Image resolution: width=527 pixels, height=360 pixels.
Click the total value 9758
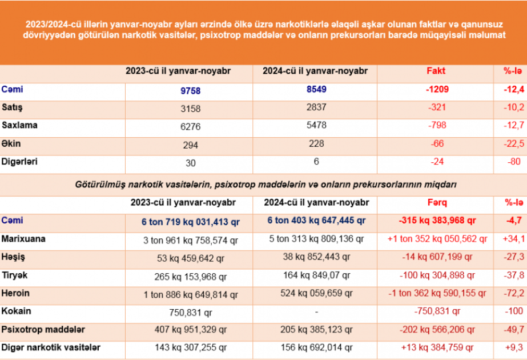pos(190,90)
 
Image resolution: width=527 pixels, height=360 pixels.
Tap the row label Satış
pos(12,107)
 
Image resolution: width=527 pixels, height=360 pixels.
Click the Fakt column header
pos(436,71)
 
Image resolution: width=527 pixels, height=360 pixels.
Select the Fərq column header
pos(437,203)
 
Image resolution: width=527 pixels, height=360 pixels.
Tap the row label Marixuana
pos(23,239)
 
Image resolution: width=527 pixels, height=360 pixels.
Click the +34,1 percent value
pos(514,239)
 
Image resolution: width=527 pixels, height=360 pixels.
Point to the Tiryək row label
pos(15,275)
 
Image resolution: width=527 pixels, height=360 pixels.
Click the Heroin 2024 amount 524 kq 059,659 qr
pos(316,294)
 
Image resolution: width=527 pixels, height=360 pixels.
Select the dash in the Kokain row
pos(316,312)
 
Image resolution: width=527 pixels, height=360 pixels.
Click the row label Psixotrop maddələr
pos(43,330)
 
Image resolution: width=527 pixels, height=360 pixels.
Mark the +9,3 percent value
pos(515,347)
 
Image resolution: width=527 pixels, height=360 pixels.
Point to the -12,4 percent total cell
pos(514,89)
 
